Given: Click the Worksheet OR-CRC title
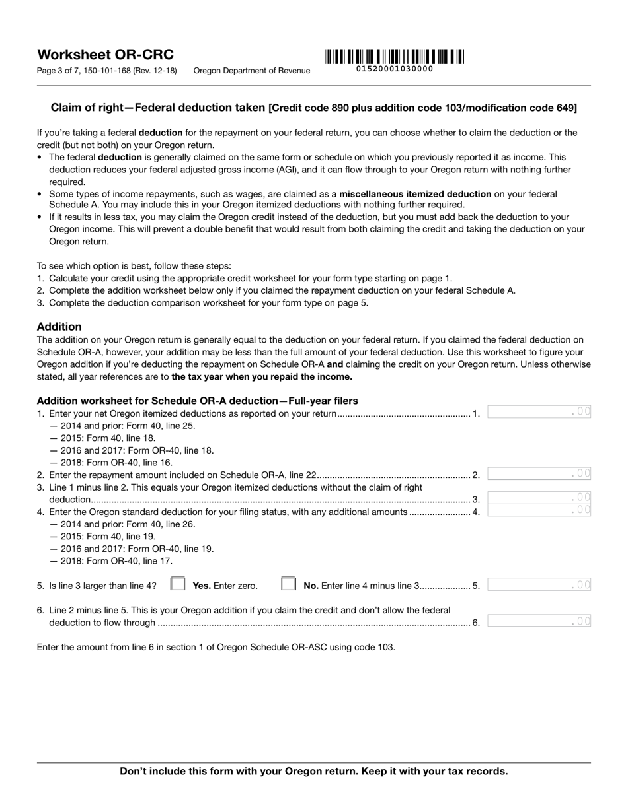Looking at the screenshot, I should coord(105,55).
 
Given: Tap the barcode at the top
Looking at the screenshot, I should coord(394,57).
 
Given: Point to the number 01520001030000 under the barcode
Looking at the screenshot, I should coord(395,69).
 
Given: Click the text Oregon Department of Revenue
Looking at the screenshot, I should coord(251,71).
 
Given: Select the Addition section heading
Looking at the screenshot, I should coord(59,327).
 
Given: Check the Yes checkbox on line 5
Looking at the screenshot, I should coord(178,584).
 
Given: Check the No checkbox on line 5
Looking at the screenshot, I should coord(288,584).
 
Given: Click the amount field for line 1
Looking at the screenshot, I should coord(539,412).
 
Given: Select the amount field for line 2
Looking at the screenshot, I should coord(539,473).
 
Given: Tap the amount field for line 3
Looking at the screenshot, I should coord(539,498).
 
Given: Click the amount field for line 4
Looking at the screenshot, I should coord(539,510).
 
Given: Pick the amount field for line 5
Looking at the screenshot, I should coord(539,584).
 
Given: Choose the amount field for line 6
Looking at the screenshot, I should coord(539,621).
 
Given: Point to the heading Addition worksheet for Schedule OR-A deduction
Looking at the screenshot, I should coord(197,401).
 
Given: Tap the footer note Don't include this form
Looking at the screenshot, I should coord(314,771).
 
